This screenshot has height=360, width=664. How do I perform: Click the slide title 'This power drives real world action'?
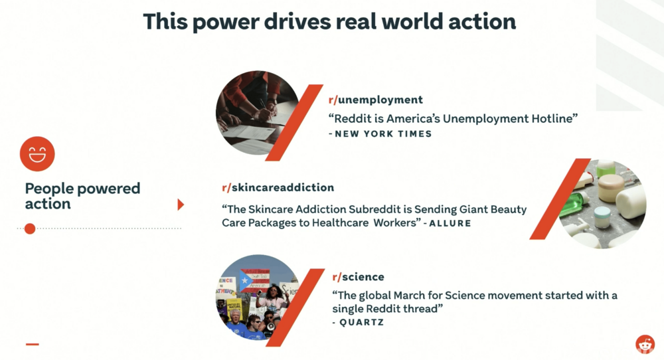point(329,22)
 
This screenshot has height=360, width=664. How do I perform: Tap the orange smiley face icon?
point(37,153)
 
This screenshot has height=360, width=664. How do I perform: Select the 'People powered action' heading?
point(82,196)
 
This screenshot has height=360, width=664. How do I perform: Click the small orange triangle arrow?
point(181,205)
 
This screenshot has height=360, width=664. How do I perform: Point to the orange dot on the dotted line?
point(30,228)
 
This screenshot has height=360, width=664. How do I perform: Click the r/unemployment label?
point(376,100)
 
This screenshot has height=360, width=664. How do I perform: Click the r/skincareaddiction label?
point(278,187)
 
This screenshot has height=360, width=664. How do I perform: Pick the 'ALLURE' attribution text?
point(450,223)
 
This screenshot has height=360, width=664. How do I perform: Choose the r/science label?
point(359,277)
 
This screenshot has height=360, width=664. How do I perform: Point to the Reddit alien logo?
point(645,344)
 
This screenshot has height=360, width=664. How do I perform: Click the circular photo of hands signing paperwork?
point(258,113)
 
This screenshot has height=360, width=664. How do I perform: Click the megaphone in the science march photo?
point(270,327)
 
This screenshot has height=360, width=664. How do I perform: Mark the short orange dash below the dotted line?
point(32,344)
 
